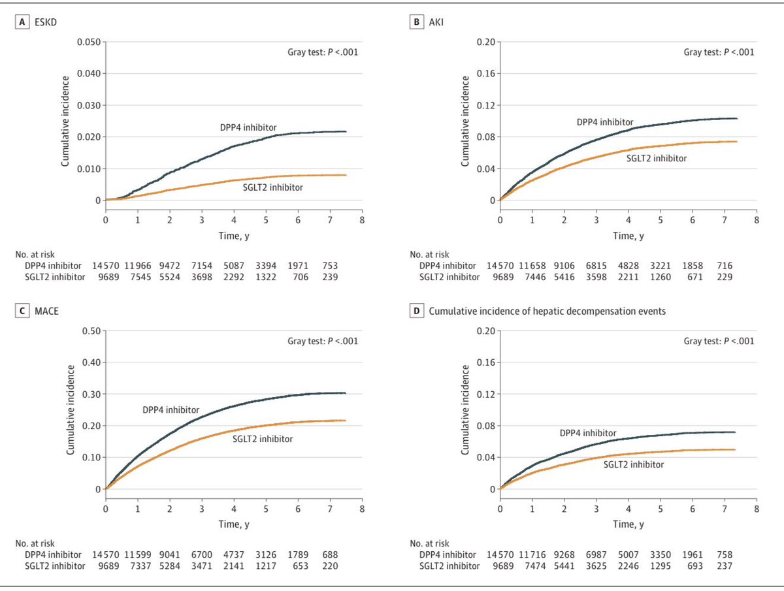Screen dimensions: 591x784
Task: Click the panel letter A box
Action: (22, 22)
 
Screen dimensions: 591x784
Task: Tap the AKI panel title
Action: (436, 22)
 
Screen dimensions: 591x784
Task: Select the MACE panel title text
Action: (48, 311)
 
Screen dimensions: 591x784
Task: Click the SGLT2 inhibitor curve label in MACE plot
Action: (263, 439)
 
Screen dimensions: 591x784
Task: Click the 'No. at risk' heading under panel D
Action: (429, 543)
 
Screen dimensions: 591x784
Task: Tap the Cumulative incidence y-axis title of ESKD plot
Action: (65, 121)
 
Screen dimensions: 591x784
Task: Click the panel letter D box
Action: (416, 311)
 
